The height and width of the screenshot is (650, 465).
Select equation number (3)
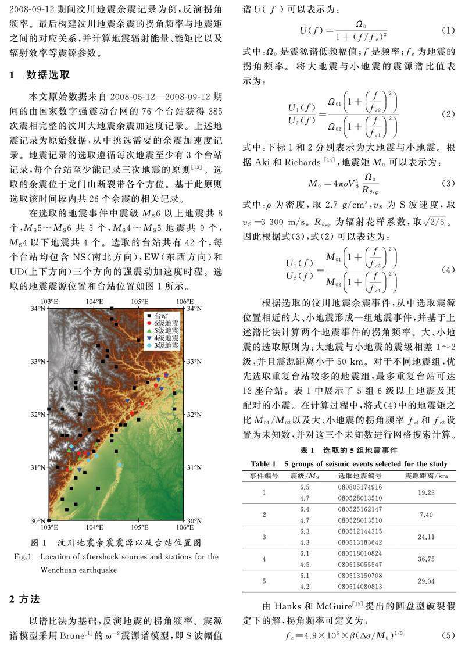click(448, 183)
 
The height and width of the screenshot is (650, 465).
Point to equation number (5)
click(448, 637)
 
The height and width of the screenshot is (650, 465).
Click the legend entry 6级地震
click(166, 322)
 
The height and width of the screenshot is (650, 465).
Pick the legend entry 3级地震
click(166, 345)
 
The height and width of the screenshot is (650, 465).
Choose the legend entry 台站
click(162, 315)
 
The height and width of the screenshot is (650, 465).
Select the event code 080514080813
click(360, 587)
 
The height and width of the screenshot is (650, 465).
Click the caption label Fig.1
click(22, 556)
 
